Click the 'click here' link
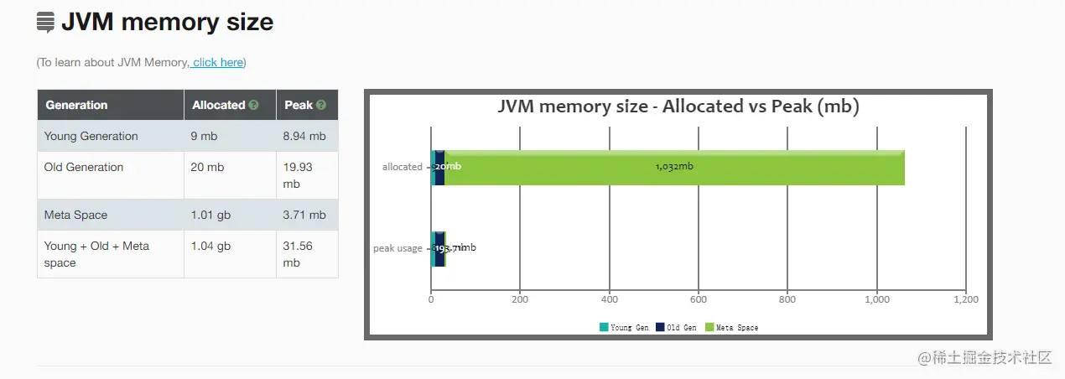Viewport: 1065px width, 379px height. pyautogui.click(x=218, y=63)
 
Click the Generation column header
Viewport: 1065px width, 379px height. pyautogui.click(x=76, y=106)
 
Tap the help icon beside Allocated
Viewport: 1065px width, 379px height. pyautogui.click(x=253, y=106)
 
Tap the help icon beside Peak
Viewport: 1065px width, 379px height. pyautogui.click(x=320, y=106)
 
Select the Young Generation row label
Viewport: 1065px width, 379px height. pyautogui.click(x=91, y=137)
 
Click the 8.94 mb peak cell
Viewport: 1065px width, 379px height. pyautogui.click(x=305, y=137)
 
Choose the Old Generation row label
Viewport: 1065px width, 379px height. pyautogui.click(x=83, y=168)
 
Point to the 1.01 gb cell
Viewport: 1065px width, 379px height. pyautogui.click(x=210, y=215)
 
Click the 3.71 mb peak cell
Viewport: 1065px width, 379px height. pyautogui.click(x=305, y=215)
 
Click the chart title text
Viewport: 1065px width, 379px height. pyautogui.click(x=678, y=106)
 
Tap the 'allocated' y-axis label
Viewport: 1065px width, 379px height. pyautogui.click(x=402, y=167)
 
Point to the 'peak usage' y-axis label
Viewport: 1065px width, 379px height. pyautogui.click(x=397, y=248)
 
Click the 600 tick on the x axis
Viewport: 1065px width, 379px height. pyautogui.click(x=699, y=299)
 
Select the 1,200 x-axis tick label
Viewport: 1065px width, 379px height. pyautogui.click(x=965, y=299)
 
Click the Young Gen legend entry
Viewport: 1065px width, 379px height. pyautogui.click(x=624, y=328)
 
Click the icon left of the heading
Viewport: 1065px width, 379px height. pyautogui.click(x=45, y=23)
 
